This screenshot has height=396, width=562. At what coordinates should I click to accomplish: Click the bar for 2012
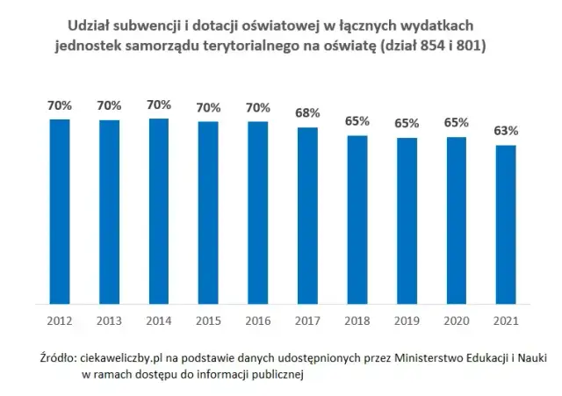59,211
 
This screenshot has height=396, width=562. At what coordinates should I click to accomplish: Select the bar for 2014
158,211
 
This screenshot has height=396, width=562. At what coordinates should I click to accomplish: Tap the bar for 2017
307,215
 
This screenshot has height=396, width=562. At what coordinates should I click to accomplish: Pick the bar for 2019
407,220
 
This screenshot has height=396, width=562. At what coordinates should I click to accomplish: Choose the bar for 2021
506,224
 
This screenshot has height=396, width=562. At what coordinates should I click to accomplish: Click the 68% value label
307,114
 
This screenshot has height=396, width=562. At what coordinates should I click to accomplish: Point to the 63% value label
506,131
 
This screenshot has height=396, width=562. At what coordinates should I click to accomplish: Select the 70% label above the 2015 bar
208,108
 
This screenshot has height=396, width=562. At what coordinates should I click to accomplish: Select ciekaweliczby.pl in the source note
123,358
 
